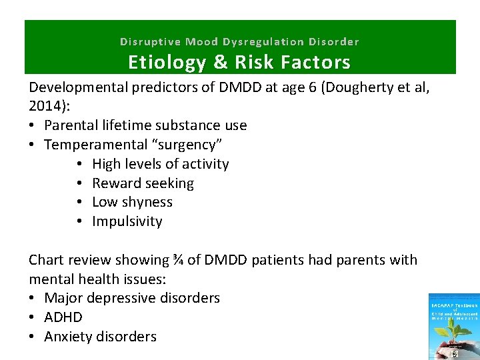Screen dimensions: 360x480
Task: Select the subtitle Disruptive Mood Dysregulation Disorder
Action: coord(239,41)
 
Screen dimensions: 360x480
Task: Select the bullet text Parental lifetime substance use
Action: coord(145,125)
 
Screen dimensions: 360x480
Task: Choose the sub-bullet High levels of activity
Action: coord(160,164)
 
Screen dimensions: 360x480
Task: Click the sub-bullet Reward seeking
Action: coord(143,183)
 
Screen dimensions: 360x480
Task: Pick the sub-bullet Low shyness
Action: coord(132,202)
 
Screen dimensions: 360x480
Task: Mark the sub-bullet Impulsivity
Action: coord(127,221)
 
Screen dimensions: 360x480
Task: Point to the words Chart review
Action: coord(70,260)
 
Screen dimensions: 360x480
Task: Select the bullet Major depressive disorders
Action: coord(132,298)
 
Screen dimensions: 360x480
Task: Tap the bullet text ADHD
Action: coord(63,317)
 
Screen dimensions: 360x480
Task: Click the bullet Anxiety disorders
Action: coord(100,337)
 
